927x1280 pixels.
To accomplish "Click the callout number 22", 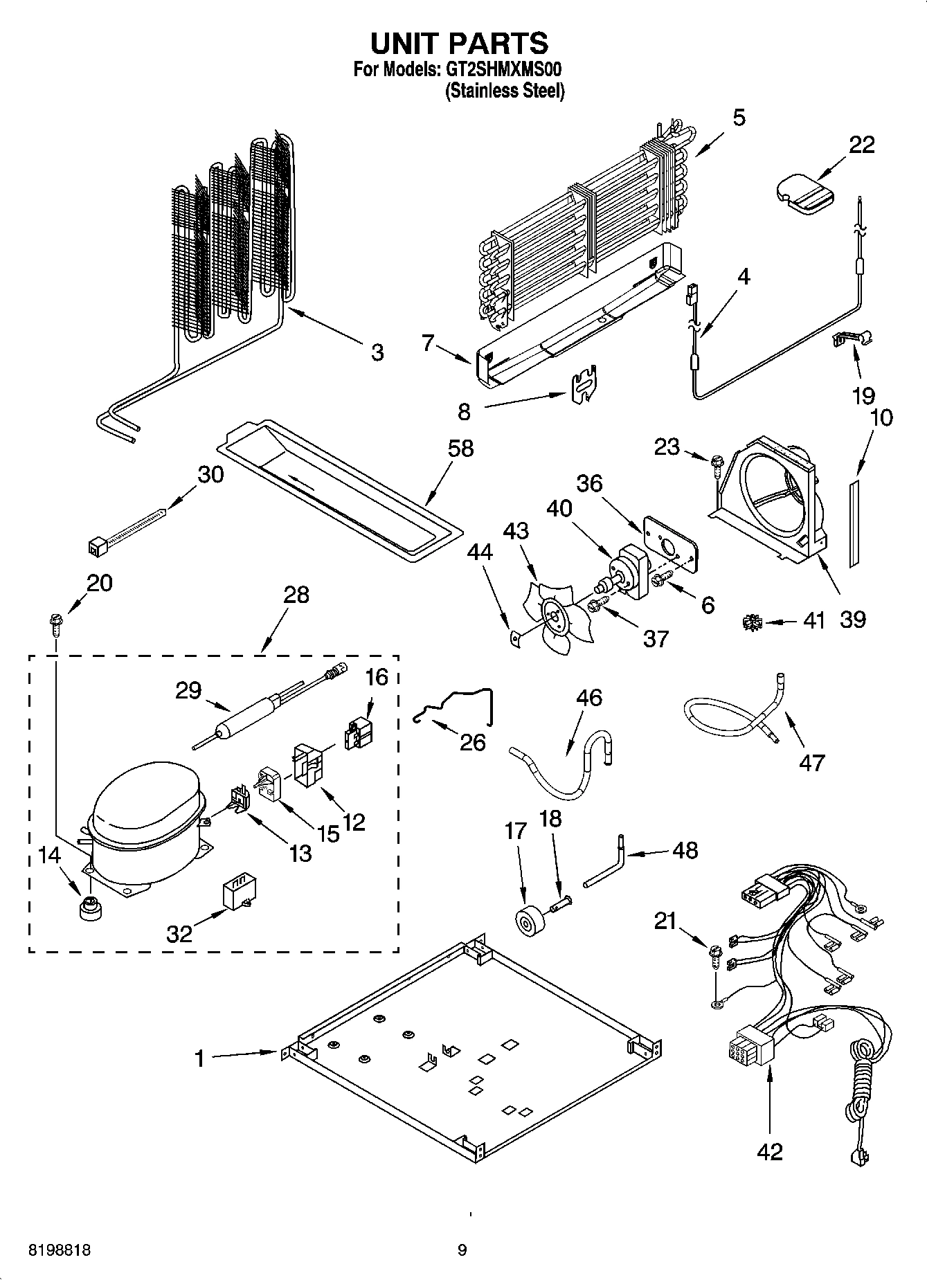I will tap(861, 145).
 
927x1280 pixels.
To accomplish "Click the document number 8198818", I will tap(60, 1250).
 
